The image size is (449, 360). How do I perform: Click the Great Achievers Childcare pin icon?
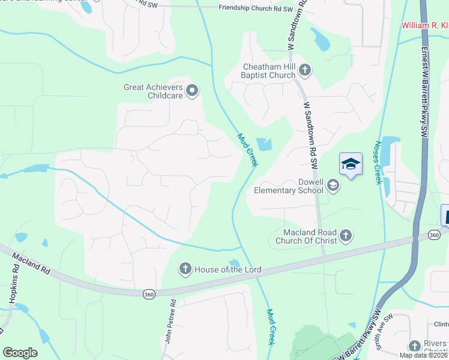(x=192, y=91)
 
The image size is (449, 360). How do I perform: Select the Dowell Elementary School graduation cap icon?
(x=333, y=187)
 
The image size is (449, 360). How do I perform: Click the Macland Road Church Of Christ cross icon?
(x=345, y=236)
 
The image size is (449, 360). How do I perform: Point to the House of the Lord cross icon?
(x=185, y=269)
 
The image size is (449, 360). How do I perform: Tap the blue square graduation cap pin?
(x=351, y=164)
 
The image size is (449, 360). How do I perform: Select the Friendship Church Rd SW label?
(x=256, y=8)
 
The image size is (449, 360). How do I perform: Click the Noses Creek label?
(x=378, y=162)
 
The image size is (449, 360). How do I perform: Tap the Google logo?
(x=20, y=353)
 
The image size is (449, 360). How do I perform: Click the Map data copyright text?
(x=424, y=355)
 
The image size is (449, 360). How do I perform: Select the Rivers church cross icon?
(x=414, y=346)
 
